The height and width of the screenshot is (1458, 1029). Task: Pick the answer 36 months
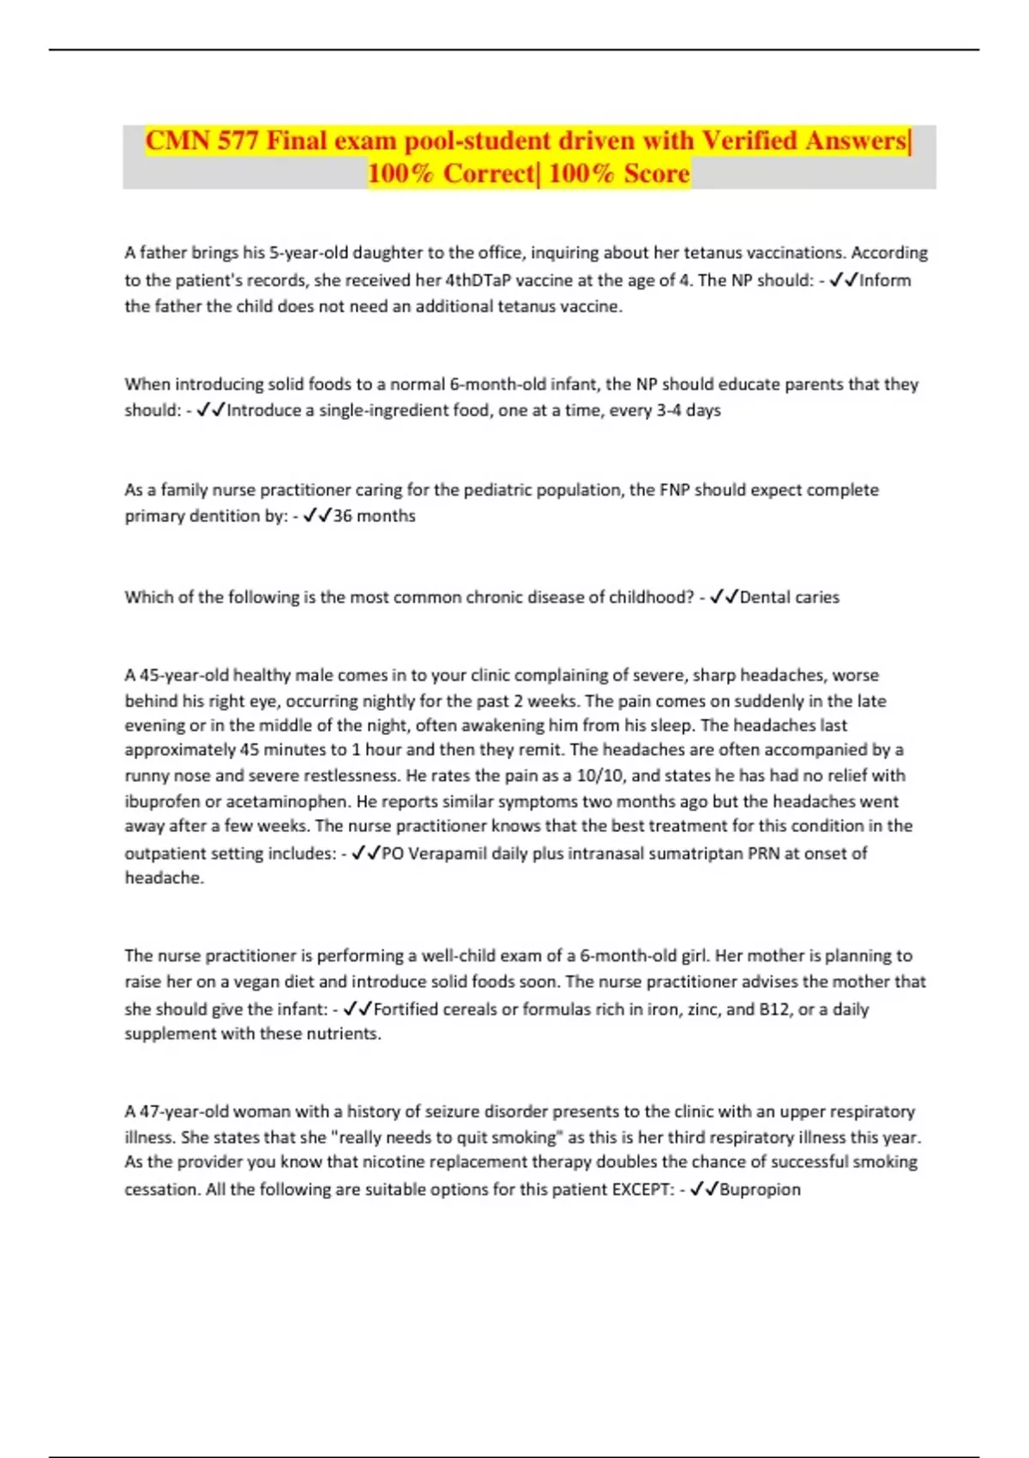click(x=374, y=516)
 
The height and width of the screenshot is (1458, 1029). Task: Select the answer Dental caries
click(x=789, y=598)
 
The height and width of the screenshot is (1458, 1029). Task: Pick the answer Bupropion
click(x=760, y=1190)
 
